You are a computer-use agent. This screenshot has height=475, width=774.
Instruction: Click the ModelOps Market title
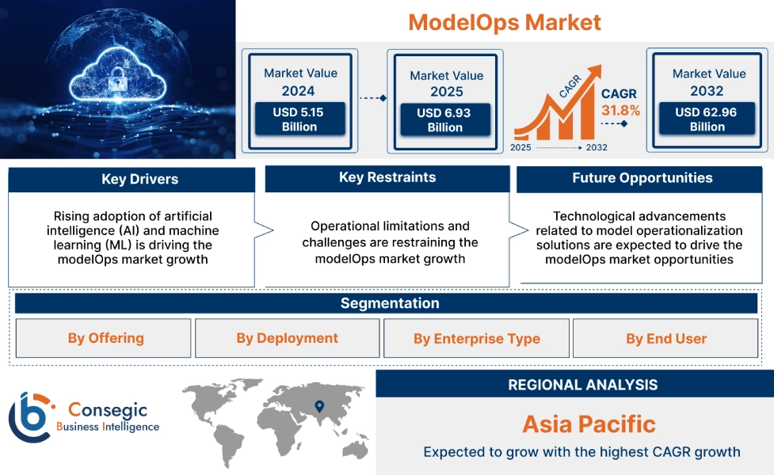point(505,22)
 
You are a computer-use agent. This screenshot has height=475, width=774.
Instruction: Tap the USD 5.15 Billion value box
point(299,119)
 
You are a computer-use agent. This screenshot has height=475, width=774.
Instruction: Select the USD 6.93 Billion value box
point(445,120)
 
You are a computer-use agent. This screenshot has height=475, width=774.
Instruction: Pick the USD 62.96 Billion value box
point(707,119)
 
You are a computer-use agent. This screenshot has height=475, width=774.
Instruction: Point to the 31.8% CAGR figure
point(620,110)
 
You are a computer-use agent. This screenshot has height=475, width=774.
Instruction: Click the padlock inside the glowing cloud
point(117,78)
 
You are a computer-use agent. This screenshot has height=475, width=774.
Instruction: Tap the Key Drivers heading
point(139,179)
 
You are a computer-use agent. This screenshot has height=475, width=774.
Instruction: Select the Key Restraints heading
point(387,177)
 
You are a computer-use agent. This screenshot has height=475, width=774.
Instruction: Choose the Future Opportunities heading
point(642,177)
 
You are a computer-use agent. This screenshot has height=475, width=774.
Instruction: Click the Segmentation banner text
point(390,303)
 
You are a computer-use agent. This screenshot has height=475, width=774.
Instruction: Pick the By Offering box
point(103,338)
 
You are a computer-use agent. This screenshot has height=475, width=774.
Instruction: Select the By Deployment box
point(288,338)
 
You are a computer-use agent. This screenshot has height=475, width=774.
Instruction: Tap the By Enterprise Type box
point(476,338)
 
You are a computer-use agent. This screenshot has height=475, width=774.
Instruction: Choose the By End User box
point(665,338)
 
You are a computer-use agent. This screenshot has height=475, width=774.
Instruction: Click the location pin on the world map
point(319,406)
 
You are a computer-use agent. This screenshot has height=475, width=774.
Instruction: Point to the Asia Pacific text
point(589,424)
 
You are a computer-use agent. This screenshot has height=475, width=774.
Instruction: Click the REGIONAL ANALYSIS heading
point(583,385)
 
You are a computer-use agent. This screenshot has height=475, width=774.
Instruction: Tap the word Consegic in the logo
point(108,409)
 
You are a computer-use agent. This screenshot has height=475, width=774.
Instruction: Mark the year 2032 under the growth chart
point(597,147)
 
